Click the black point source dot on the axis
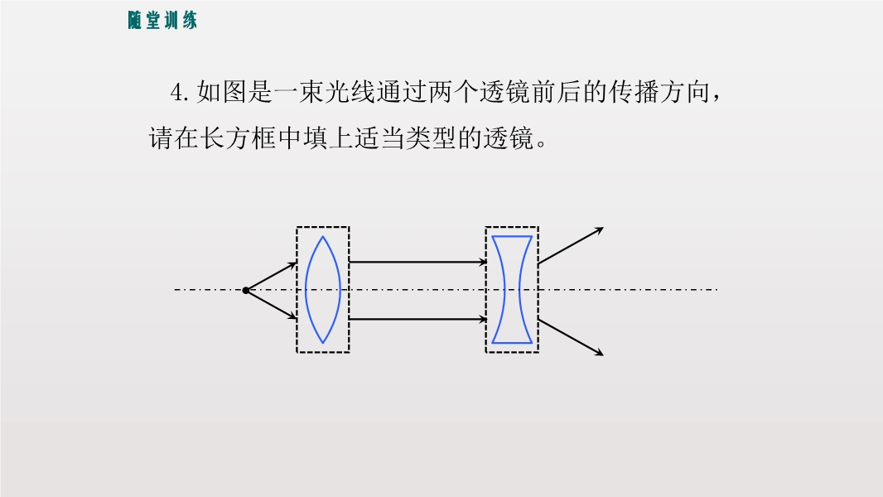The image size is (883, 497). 245,291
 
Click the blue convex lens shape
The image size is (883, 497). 306,290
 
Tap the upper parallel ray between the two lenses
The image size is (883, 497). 417,262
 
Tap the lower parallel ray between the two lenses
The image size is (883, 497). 417,319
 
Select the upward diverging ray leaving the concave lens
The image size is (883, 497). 571,245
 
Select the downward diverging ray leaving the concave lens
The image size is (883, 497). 571,337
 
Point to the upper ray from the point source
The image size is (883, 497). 272,276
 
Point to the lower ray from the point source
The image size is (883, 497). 272,305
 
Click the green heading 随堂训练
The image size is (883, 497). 162,20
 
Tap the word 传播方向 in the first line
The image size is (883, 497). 659,92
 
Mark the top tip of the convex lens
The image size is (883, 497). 323,236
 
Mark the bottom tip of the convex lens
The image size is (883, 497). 323,343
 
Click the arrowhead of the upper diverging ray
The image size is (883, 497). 601,229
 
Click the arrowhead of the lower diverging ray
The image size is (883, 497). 601,354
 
